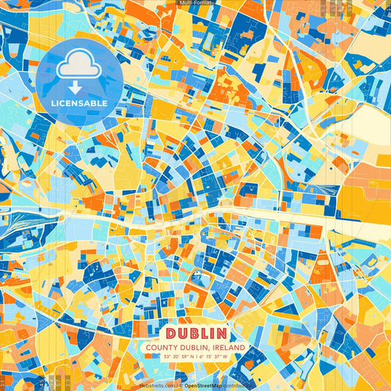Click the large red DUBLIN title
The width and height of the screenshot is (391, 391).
196,332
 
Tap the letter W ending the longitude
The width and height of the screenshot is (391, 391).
226,357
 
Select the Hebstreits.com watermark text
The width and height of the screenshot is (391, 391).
158,384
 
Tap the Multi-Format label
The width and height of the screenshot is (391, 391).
195,3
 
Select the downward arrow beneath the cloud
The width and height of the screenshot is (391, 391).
79,88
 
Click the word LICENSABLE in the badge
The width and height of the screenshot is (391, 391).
79,103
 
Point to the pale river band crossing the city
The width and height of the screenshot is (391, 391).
293,217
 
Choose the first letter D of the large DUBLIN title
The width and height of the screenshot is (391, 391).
170,332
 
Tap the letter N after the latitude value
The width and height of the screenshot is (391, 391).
189,357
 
